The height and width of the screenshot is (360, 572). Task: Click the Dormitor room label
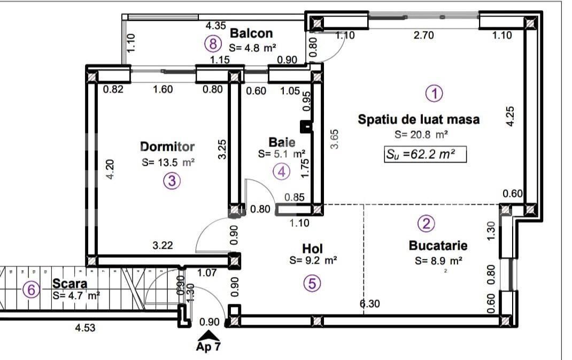[x=167, y=147]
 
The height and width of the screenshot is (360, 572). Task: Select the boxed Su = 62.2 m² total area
[x=425, y=155]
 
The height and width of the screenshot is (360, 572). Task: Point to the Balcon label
[x=251, y=34]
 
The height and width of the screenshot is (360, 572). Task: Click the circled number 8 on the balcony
[x=213, y=43]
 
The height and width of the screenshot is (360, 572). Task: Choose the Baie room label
[x=282, y=142]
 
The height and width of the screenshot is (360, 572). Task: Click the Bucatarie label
[x=438, y=246]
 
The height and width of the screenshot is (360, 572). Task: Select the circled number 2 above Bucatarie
[x=426, y=224]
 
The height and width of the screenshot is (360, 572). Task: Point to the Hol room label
[x=313, y=249]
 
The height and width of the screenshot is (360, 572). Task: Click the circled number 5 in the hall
[x=312, y=284]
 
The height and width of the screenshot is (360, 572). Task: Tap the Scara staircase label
[x=70, y=282]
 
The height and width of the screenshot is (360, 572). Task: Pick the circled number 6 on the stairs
[x=32, y=290]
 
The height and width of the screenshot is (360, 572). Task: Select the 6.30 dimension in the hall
[x=370, y=304]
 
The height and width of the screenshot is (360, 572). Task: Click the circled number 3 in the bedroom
[x=171, y=181]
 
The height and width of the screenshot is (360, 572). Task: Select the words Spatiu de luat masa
[x=419, y=119]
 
